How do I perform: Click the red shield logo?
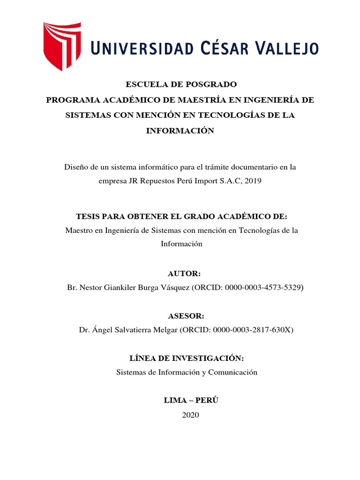(62, 46)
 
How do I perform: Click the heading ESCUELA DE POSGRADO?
(180, 84)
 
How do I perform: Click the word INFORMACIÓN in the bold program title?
(180, 131)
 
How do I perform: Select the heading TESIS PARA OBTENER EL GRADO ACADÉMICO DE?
(181, 217)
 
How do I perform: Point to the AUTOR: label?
(180, 274)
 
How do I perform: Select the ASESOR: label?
(180, 316)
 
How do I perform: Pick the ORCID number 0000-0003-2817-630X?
(253, 330)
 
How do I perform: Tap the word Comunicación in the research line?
(234, 372)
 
